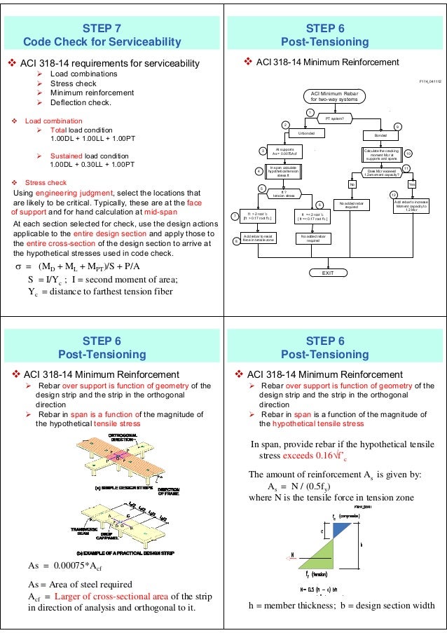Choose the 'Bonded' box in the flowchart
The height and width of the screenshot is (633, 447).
(381, 133)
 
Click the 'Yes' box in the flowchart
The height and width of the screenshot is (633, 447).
(411, 184)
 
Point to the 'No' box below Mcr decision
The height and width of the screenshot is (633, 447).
(352, 184)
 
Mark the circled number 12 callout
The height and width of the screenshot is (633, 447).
(393, 194)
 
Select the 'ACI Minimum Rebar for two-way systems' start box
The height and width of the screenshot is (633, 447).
(331, 97)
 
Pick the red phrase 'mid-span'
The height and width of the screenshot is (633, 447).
(162, 211)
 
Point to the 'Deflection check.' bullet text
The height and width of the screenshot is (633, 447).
(81, 103)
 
